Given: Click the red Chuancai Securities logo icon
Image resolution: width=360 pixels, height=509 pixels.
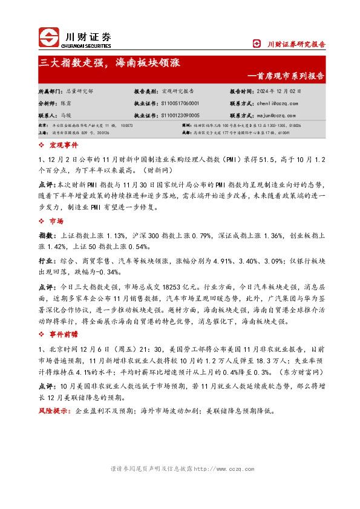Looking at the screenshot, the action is [49, 37].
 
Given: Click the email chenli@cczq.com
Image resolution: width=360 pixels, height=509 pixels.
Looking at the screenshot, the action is [280, 103].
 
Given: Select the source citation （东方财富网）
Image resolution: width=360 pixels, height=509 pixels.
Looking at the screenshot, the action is [299, 373].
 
